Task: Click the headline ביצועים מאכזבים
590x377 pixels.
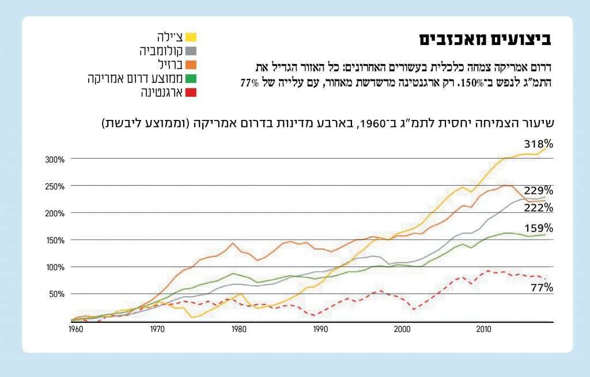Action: point(485,39)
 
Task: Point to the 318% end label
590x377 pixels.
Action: point(538,144)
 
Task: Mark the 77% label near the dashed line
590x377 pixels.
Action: point(542,287)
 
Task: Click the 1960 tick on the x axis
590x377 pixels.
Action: point(75,329)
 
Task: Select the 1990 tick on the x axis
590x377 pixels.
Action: point(321,329)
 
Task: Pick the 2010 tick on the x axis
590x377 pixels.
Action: point(483,329)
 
